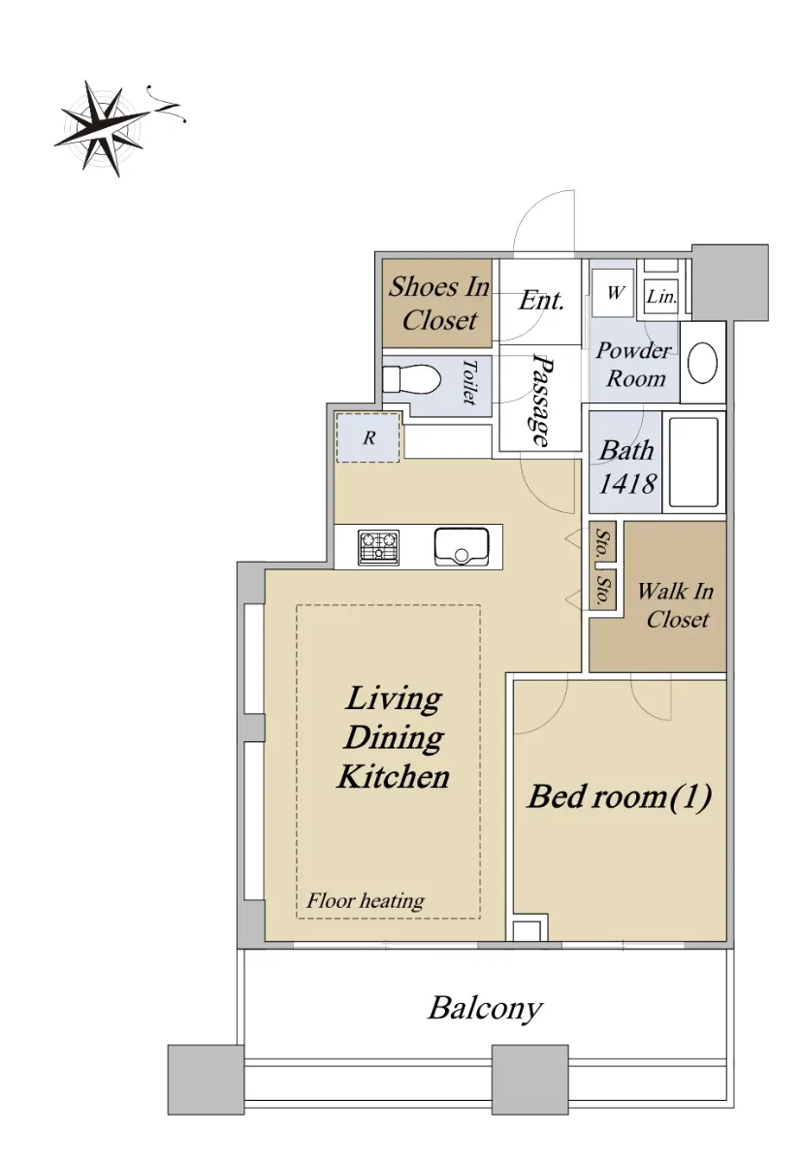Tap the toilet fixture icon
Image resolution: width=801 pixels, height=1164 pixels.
tap(411, 380)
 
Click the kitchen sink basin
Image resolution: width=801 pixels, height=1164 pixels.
tap(462, 547)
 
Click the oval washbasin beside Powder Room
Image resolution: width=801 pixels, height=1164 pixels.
tap(702, 362)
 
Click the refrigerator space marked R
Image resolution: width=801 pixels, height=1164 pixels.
tap(368, 437)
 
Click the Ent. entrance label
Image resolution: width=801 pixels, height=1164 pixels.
tap(541, 300)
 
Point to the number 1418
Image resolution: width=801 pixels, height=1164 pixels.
tap(627, 484)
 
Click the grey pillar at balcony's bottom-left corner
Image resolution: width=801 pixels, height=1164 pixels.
tap(206, 1081)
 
